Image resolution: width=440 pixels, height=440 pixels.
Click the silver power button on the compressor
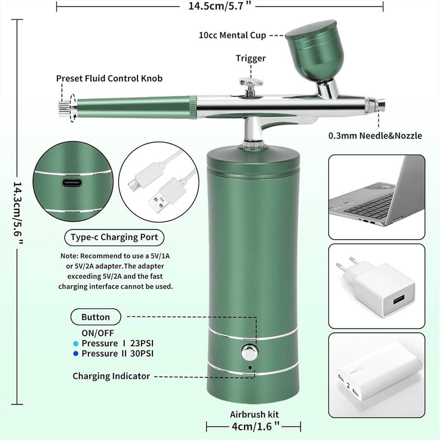point(250,352)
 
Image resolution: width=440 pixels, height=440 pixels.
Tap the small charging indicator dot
point(250,368)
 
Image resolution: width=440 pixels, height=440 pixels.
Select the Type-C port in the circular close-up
point(72,183)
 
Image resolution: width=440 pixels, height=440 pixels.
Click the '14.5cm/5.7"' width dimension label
point(220,6)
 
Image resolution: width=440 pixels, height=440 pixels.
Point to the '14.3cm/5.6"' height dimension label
point(18,213)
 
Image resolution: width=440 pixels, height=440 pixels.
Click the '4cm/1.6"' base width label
point(255,426)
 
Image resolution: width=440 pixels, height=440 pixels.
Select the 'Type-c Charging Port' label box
point(114,238)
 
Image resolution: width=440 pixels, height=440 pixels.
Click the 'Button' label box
point(96,317)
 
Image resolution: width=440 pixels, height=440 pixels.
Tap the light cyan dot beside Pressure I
point(76,344)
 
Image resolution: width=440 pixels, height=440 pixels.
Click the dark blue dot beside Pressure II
point(76,353)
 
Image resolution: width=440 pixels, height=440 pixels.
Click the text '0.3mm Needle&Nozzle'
point(375,136)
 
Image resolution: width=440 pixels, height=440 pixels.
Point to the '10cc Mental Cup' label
point(232,35)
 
